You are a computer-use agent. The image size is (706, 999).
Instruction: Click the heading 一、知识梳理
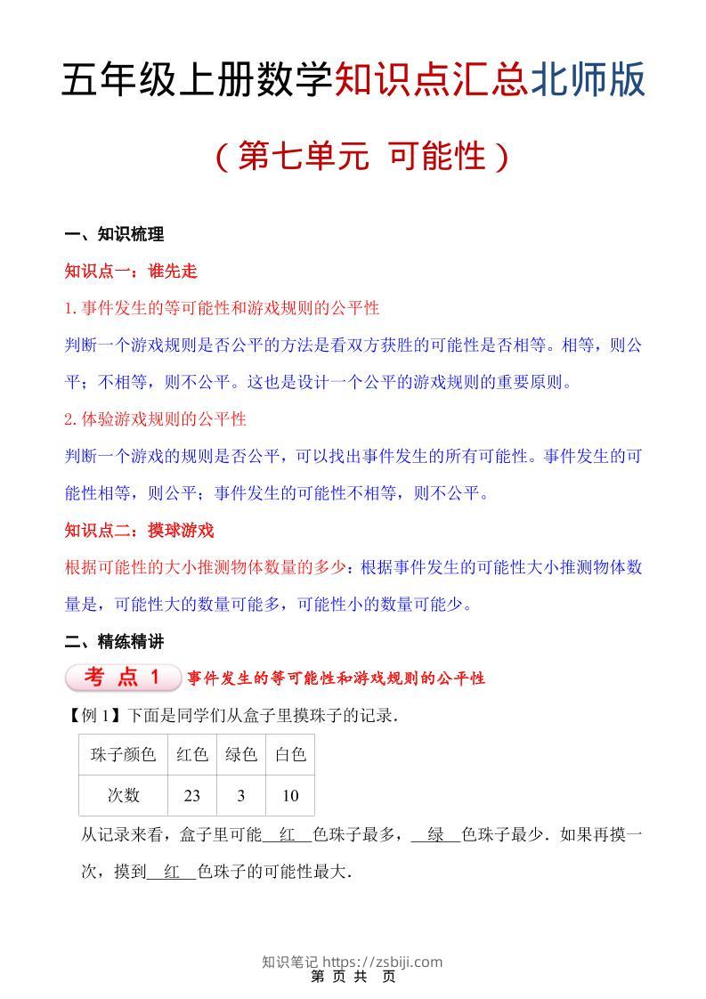tap(114, 235)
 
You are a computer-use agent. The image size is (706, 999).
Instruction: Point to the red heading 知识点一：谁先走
tap(131, 272)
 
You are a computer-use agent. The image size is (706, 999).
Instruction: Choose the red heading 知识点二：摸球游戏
tap(140, 531)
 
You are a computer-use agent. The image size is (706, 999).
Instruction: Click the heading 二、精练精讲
tap(114, 641)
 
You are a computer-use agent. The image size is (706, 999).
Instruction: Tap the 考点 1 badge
tap(123, 678)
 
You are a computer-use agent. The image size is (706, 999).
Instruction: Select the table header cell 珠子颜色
tap(123, 755)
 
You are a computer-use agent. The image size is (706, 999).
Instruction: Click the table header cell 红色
tap(192, 755)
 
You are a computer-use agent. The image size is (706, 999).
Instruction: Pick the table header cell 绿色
tap(241, 755)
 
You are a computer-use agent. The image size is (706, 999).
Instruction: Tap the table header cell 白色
tap(290, 755)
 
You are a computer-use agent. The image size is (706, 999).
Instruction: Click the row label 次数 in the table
tap(123, 796)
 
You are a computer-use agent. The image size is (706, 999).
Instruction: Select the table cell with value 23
tap(192, 796)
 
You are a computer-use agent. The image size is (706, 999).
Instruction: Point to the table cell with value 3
tap(241, 796)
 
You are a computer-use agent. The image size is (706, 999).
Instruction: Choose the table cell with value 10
tap(290, 796)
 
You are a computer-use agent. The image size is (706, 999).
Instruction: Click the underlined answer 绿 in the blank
tap(436, 836)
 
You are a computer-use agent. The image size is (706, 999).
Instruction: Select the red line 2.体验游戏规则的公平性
tap(156, 418)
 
